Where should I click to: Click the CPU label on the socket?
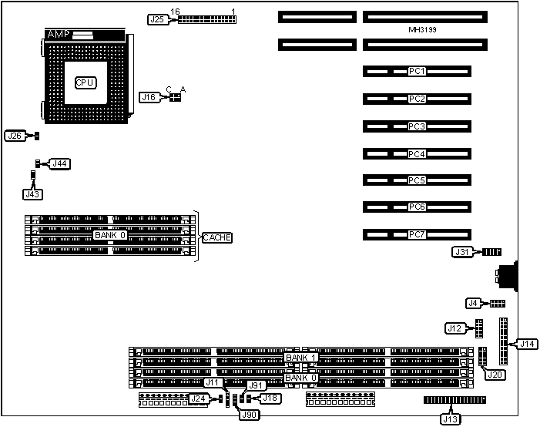tap(86, 82)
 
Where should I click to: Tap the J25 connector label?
tap(157, 19)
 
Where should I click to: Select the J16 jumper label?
tap(149, 97)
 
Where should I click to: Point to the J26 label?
tap(15, 136)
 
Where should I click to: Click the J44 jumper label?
tap(59, 163)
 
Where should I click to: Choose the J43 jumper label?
tap(32, 186)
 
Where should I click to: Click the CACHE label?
tap(216, 237)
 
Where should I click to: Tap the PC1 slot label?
tap(418, 72)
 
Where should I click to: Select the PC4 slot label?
tap(418, 154)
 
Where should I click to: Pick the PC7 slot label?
tap(418, 234)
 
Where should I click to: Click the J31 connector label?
tap(461, 252)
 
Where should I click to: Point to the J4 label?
tap(474, 303)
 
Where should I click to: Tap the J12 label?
tap(454, 328)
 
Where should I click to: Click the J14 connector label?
tap(528, 344)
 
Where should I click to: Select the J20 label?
tap(494, 375)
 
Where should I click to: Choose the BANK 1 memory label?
tap(300, 358)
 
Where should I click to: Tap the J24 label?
tap(198, 398)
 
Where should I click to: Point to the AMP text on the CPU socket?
tap(59, 35)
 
